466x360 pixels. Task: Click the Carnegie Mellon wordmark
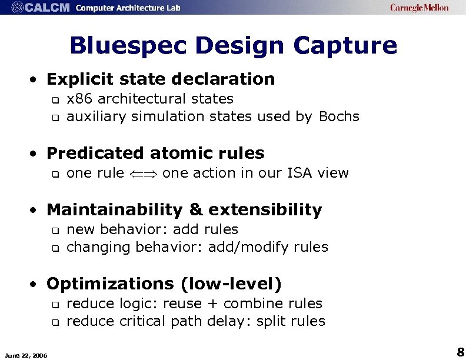point(419,8)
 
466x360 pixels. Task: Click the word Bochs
point(339,116)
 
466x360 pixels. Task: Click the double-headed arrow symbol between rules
point(143,174)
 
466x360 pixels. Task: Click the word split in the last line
point(277,321)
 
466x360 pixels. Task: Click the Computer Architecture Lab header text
point(128,8)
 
